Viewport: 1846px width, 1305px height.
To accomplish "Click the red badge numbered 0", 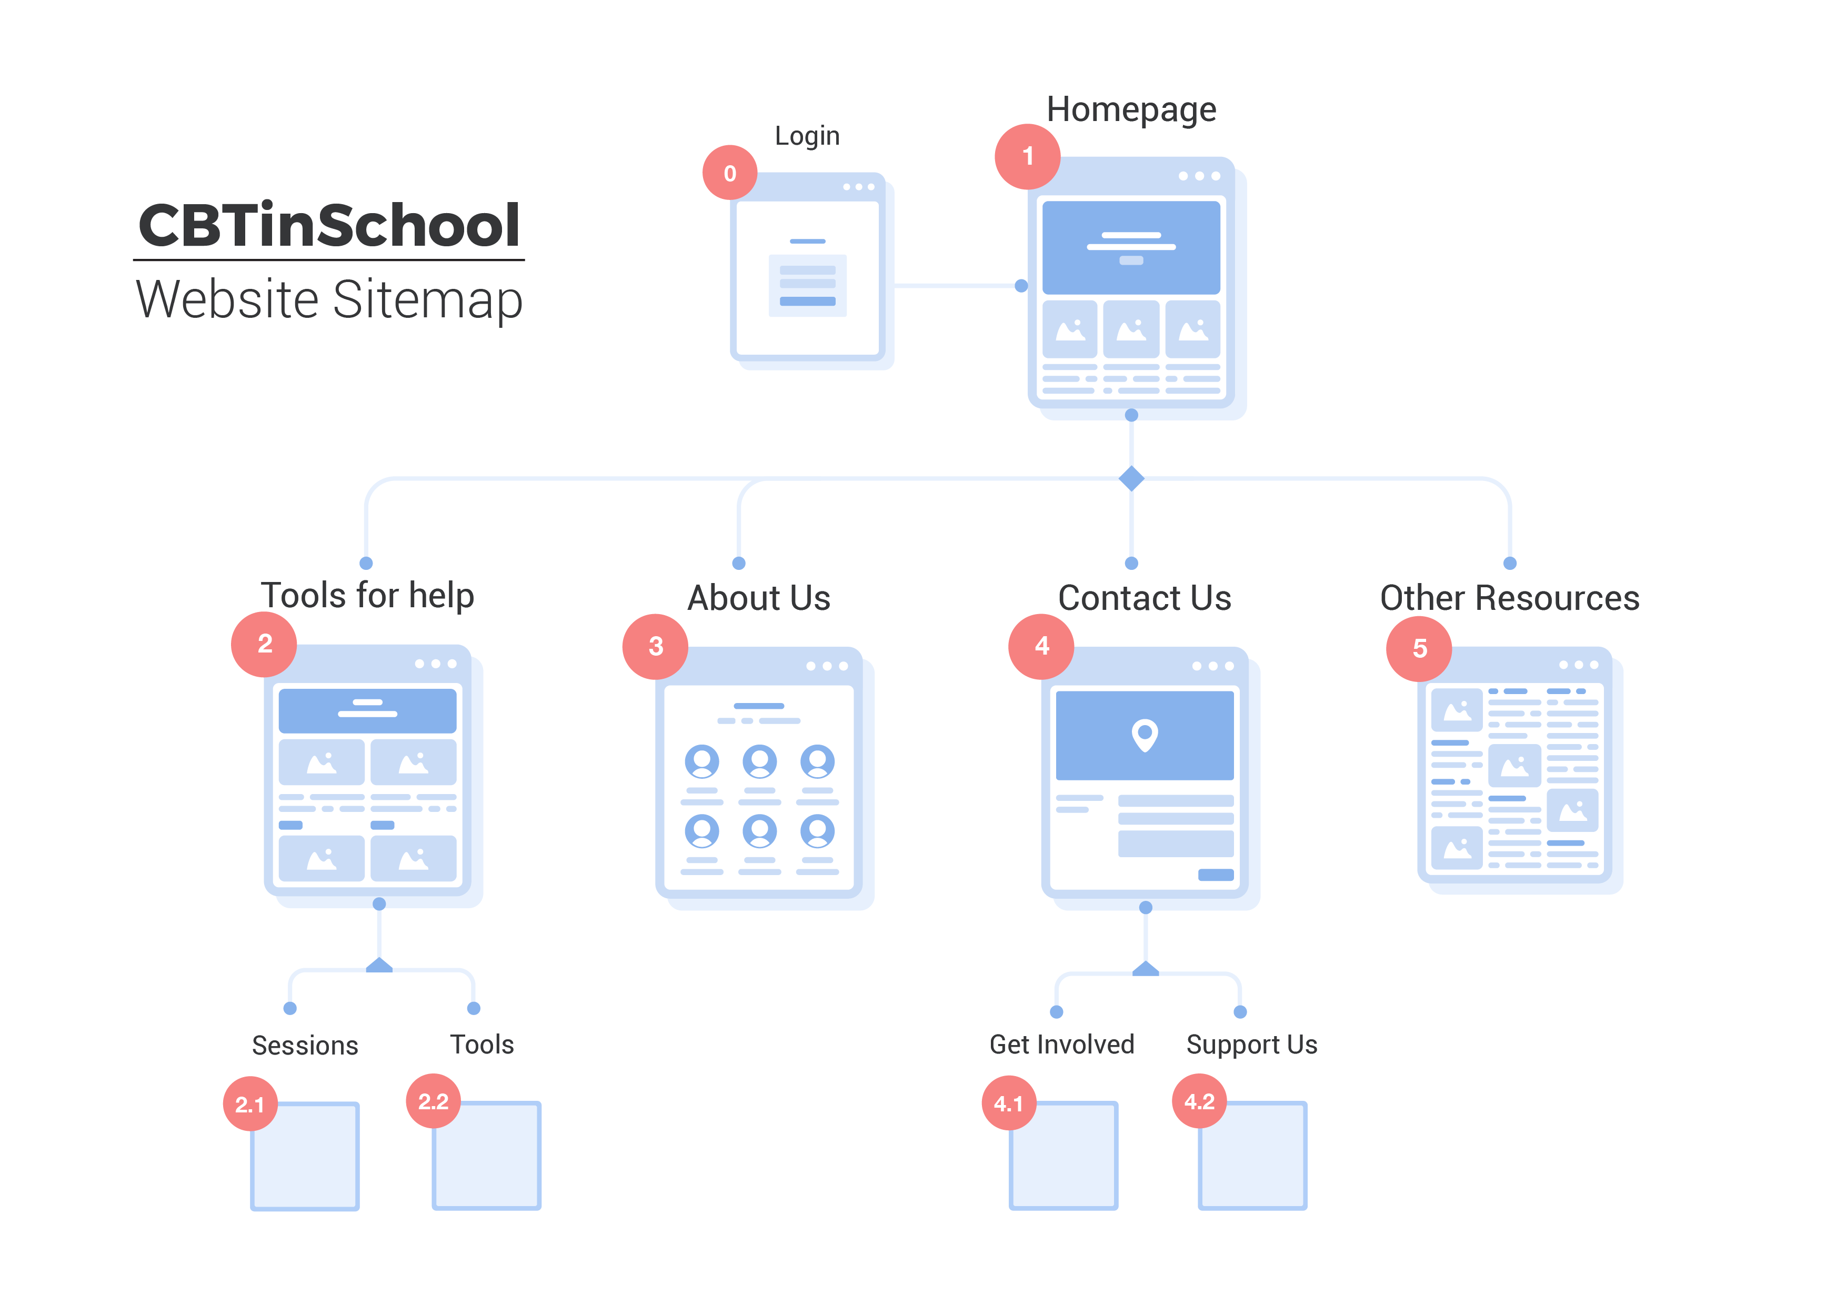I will point(729,173).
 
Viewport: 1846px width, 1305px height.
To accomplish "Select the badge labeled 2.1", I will point(249,1104).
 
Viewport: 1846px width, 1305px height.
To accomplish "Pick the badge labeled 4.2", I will point(1199,1101).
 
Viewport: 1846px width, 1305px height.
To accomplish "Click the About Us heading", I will point(758,598).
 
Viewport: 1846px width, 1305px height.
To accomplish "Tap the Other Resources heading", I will point(1509,598).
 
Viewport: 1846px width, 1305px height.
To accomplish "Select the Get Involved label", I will point(1061,1045).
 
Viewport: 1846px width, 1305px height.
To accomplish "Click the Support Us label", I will point(1251,1045).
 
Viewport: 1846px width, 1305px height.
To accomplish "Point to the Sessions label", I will point(305,1045).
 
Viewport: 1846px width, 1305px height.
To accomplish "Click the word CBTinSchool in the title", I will point(329,225).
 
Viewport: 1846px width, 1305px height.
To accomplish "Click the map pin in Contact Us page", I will point(1144,734).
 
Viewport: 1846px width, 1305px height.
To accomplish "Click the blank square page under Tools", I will point(486,1156).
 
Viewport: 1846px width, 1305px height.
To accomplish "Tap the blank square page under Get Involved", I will point(1064,1156).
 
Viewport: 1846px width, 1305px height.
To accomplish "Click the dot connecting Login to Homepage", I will point(1021,285).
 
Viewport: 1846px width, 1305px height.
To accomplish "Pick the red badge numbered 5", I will point(1419,648).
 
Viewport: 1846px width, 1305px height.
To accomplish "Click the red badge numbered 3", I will point(655,647).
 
